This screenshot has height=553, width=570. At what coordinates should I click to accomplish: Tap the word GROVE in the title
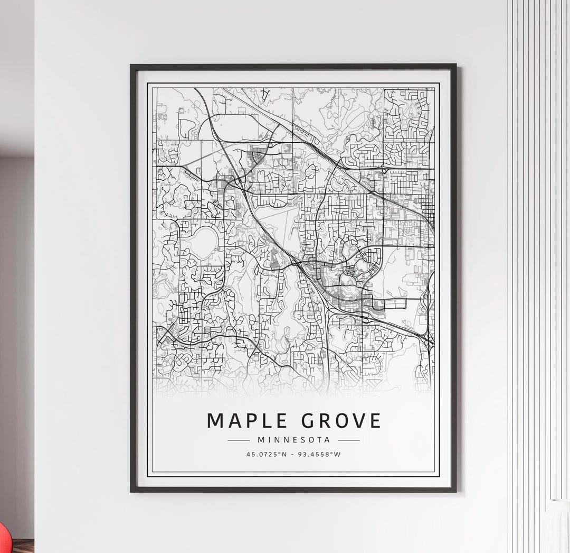pyautogui.click(x=342, y=421)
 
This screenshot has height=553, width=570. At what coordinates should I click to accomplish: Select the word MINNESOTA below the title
pyautogui.click(x=293, y=440)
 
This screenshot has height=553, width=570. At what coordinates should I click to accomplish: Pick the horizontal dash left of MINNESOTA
pyautogui.click(x=238, y=440)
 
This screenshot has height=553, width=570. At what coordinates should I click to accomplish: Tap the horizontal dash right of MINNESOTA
pyautogui.click(x=348, y=440)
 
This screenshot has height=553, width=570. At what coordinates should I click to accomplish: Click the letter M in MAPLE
pyautogui.click(x=215, y=421)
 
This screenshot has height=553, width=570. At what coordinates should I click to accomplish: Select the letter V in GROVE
pyautogui.click(x=359, y=421)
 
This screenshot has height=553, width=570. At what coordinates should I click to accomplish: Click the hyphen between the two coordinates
pyautogui.click(x=293, y=454)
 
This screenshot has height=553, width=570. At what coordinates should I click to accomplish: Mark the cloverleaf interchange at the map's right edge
pyautogui.click(x=426, y=339)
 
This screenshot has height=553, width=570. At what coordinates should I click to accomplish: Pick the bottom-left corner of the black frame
pyautogui.click(x=132, y=491)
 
